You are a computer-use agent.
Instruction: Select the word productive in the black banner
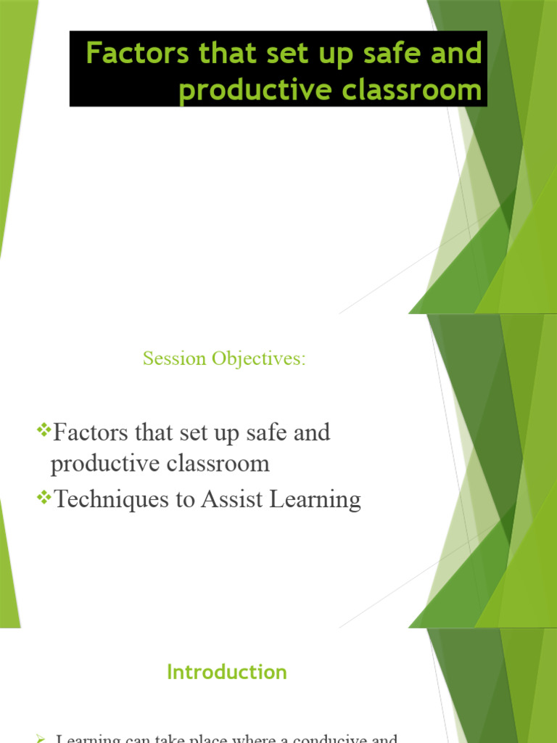point(255,91)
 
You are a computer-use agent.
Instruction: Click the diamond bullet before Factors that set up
point(43,432)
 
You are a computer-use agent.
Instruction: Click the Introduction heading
point(227,672)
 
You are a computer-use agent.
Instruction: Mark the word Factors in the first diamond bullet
point(91,432)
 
